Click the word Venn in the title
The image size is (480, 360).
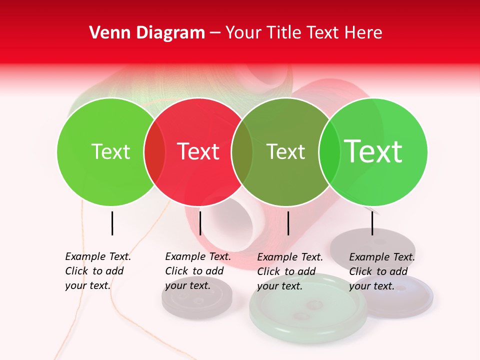pos(106,33)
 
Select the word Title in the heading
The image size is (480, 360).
pos(282,33)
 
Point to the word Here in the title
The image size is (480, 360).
pos(363,33)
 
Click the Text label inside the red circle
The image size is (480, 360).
pos(198,151)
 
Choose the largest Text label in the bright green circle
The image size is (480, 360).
pos(373,151)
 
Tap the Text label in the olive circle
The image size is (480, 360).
pos(285,151)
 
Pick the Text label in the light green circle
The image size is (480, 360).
pos(110,151)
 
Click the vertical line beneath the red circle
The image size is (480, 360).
pos(200,223)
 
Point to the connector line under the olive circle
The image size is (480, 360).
pos(288,223)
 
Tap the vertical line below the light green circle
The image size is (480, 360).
pos(112,223)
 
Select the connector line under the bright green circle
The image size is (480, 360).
pos(372,223)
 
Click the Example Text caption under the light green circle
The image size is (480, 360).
pos(97,271)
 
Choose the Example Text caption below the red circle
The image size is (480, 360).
pos(197,271)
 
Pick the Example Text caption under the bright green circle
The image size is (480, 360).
pos(381,271)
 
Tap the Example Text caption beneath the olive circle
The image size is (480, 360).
pos(289,271)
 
